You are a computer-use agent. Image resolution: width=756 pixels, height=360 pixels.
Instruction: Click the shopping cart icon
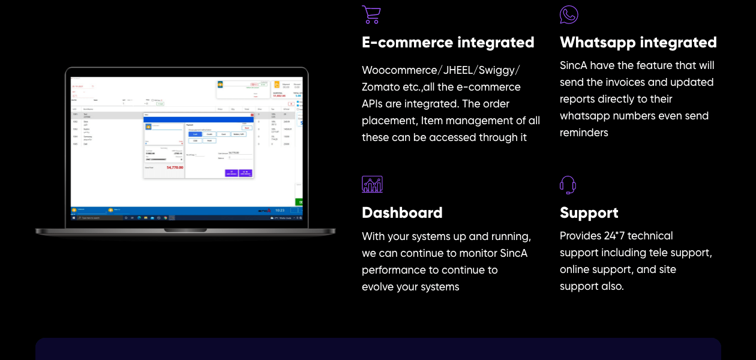(371, 14)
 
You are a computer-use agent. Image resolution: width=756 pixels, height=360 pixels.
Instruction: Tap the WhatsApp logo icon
(569, 14)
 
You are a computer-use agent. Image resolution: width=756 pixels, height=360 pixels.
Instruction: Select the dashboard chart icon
(372, 184)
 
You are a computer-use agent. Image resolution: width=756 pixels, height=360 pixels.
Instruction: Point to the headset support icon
(568, 185)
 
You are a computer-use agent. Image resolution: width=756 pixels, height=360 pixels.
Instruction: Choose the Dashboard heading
(402, 213)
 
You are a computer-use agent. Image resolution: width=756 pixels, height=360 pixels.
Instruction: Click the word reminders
(584, 133)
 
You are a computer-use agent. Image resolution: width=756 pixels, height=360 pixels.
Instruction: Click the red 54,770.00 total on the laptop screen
(175, 167)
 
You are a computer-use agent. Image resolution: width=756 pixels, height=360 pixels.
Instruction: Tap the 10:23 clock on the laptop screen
(280, 211)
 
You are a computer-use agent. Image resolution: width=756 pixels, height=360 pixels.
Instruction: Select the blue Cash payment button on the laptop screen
(196, 134)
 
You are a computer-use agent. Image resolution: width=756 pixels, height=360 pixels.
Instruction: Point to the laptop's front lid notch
(185, 230)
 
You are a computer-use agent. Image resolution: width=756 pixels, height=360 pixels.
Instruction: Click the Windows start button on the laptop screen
(74, 218)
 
